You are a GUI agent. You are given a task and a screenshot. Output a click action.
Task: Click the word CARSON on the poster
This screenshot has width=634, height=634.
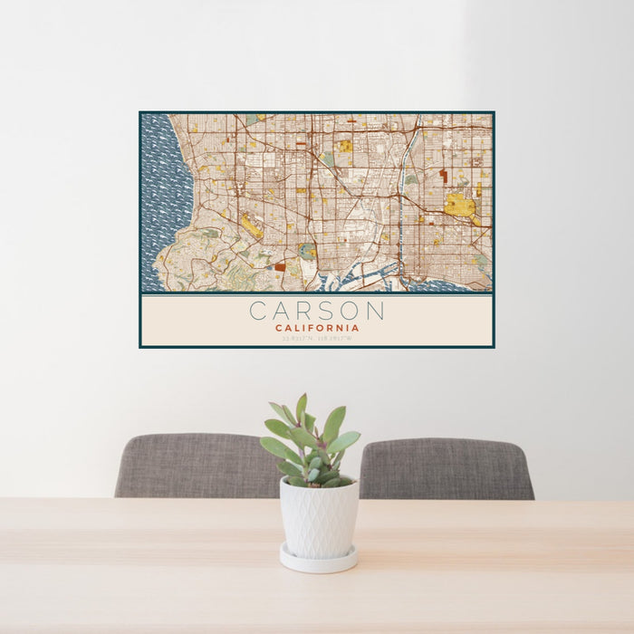click(317, 311)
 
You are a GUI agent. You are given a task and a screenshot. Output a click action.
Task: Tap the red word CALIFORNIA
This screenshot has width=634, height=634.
click(317, 328)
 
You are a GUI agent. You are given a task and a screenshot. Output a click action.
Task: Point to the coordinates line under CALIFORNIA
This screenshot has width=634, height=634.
click(317, 338)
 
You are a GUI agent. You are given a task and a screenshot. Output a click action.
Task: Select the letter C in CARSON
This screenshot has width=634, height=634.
click(258, 311)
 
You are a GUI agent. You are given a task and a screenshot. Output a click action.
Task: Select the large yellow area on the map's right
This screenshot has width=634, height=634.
click(460, 207)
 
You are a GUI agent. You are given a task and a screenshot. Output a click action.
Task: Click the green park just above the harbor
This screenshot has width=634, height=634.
click(308, 251)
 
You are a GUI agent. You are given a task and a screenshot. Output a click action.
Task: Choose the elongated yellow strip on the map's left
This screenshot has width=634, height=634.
click(252, 226)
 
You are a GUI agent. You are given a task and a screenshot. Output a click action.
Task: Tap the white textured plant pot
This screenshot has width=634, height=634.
click(318, 517)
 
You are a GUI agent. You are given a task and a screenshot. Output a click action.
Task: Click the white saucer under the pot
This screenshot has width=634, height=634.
click(318, 562)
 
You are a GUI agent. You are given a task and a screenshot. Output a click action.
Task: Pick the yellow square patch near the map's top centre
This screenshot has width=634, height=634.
click(345, 146)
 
